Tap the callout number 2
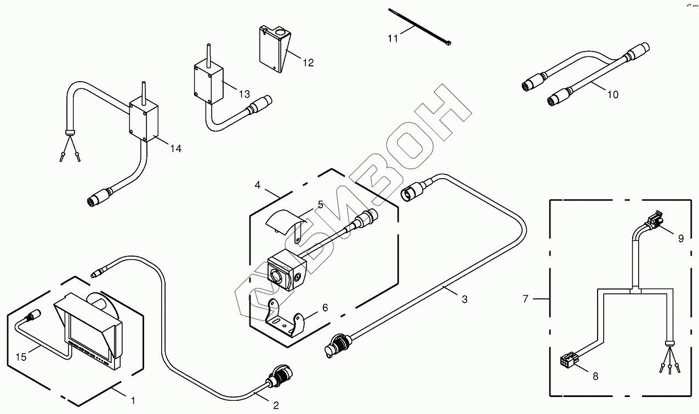(276, 406)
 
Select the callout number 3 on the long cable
(464, 299)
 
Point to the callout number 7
(525, 299)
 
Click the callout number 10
(613, 95)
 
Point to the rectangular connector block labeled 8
(566, 362)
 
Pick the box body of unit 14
(144, 120)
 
